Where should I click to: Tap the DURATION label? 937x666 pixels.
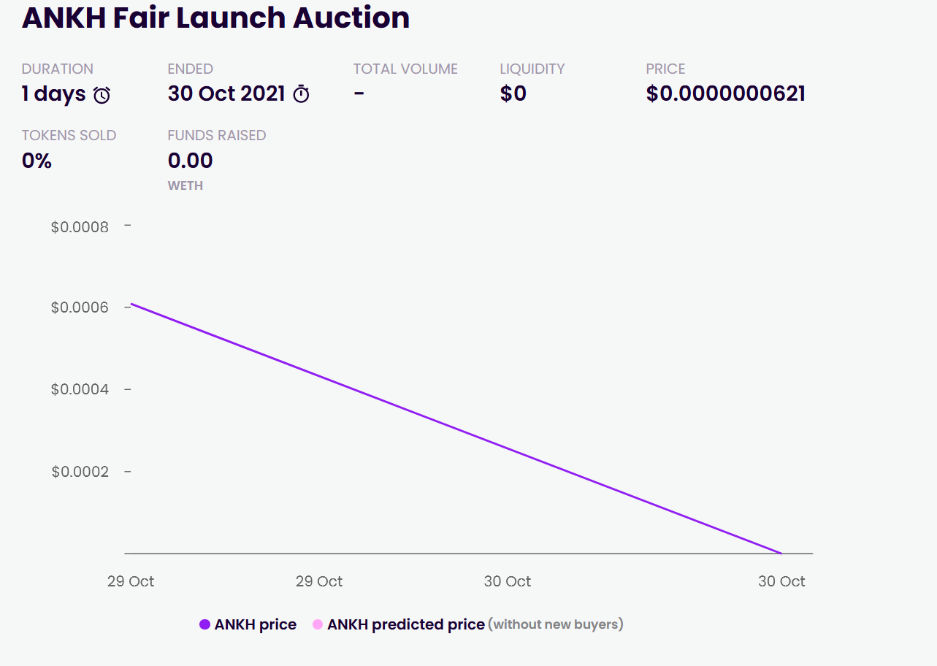point(57,69)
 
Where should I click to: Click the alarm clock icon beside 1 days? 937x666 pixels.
point(102,95)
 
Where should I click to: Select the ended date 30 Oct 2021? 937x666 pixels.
point(226,93)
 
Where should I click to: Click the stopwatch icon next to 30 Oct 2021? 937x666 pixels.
point(301,94)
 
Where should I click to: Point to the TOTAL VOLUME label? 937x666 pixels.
point(405,69)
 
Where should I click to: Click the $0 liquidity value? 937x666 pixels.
point(513,93)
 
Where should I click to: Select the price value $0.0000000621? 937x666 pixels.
point(725,93)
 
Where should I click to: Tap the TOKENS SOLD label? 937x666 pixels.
point(69,135)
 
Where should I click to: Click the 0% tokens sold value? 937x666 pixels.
point(37,161)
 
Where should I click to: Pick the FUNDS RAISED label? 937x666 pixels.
point(216,135)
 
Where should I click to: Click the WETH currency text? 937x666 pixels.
point(186,185)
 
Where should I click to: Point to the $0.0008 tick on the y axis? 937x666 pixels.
point(80,227)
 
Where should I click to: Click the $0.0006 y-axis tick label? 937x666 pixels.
point(80,307)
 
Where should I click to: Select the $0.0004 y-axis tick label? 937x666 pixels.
point(80,389)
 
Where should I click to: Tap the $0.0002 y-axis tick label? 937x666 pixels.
point(80,472)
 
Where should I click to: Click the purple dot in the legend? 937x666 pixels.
point(205,624)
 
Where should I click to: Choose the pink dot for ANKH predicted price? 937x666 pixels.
point(318,624)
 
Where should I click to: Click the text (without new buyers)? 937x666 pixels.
point(556,624)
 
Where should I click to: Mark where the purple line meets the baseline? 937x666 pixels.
point(781,553)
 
